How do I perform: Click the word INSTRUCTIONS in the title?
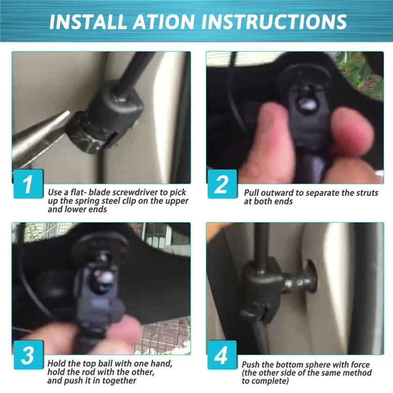pos(274,22)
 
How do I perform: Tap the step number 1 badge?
pos(28,184)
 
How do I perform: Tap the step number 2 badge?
pos(222,184)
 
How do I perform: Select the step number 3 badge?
pos(28,355)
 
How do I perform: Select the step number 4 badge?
pos(222,355)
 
